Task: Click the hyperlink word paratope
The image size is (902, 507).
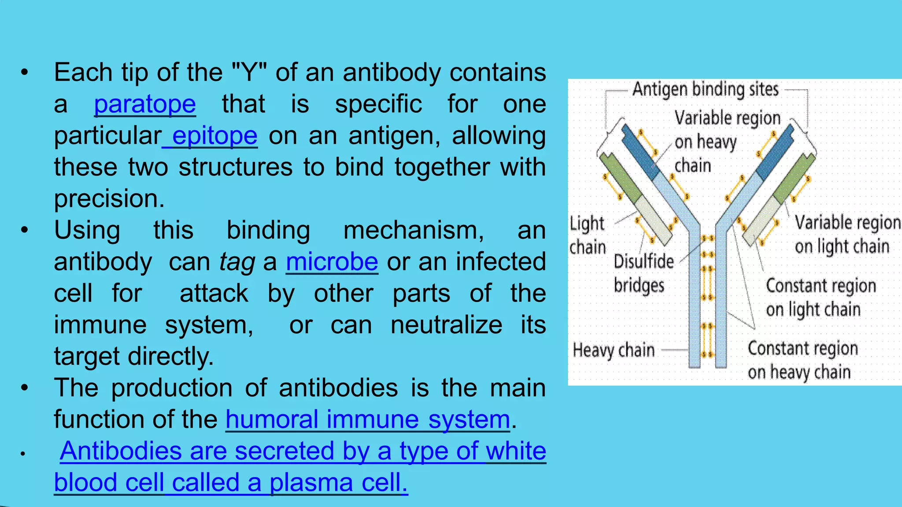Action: [145, 105]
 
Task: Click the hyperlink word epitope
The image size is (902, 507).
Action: [214, 136]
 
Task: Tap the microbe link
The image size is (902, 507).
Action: [332, 262]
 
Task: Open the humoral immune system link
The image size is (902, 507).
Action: [368, 419]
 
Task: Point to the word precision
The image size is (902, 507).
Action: [109, 199]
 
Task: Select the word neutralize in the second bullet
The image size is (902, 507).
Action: [446, 325]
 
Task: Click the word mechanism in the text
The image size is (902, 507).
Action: [414, 231]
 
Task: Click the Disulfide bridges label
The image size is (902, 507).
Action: [643, 273]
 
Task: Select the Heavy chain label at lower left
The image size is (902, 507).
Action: [614, 351]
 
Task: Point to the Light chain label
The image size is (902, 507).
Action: [588, 235]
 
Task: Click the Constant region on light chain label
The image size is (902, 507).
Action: [820, 298]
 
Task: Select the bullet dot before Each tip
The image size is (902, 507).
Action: [25, 73]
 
